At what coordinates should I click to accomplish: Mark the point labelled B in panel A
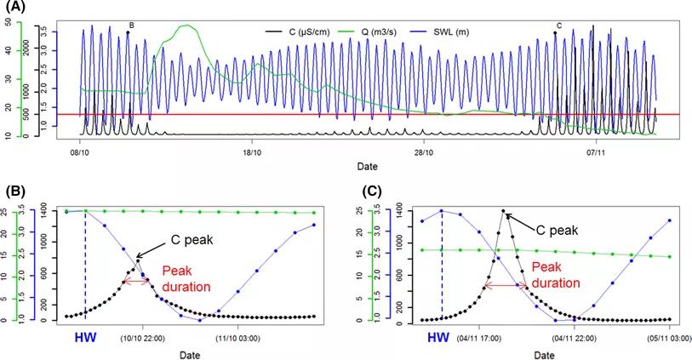128,32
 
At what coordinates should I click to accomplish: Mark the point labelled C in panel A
555,32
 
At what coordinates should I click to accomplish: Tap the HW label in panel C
438,338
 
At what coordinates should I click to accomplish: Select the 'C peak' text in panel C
559,229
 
